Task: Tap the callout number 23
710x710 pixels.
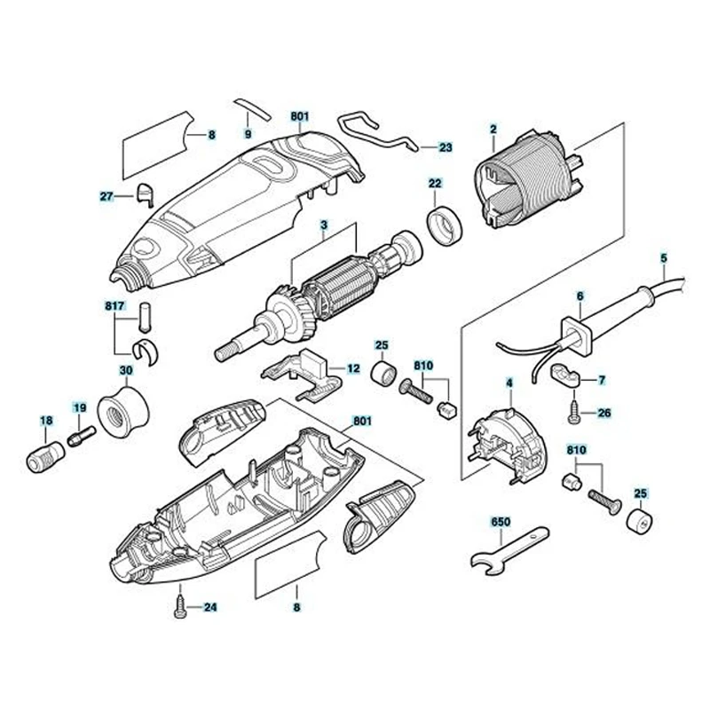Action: [445, 146]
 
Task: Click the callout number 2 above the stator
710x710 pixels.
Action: [493, 129]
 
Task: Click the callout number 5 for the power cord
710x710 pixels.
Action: [662, 257]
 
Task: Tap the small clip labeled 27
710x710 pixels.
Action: [146, 193]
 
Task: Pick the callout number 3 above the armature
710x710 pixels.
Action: [324, 226]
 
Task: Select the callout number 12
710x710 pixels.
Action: [353, 368]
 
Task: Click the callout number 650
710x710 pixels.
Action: [501, 523]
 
